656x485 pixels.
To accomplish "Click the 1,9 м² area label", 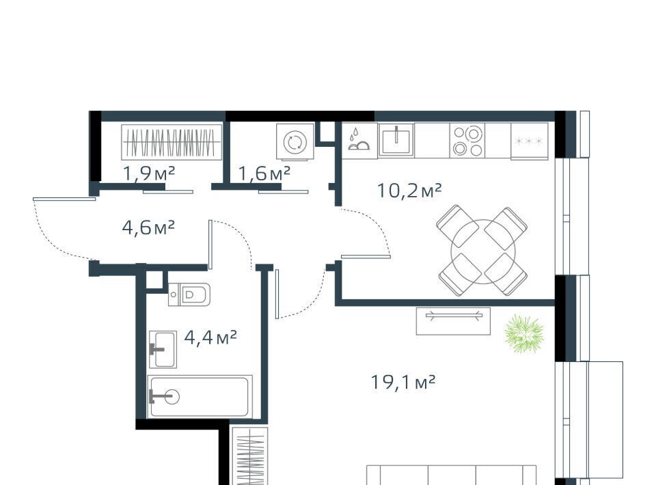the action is point(149,173).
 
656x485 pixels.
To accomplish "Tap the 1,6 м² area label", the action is point(264,173).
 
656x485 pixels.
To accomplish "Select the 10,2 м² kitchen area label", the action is point(409,191).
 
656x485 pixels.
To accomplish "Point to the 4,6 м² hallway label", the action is point(148,228).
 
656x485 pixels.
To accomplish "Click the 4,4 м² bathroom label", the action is point(210,337).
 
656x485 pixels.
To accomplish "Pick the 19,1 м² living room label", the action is point(403,382).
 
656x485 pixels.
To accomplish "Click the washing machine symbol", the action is point(295,141).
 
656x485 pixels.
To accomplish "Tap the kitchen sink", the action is point(396,140).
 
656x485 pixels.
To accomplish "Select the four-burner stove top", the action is point(467,141).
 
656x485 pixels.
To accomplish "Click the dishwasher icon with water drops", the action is point(359,139).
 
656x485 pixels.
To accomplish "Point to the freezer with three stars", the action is point(529,141).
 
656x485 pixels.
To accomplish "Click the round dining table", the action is point(483,251).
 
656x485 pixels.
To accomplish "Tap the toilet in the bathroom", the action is point(189,294).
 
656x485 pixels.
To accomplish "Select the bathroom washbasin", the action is point(163,350).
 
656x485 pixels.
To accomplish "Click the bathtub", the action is point(200,396).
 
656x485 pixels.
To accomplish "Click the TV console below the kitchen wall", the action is point(453,320).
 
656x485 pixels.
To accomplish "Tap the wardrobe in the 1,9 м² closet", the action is point(172,142).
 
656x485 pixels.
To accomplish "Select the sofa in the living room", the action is point(452,475).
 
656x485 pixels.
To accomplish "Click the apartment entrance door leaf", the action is point(64,199).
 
